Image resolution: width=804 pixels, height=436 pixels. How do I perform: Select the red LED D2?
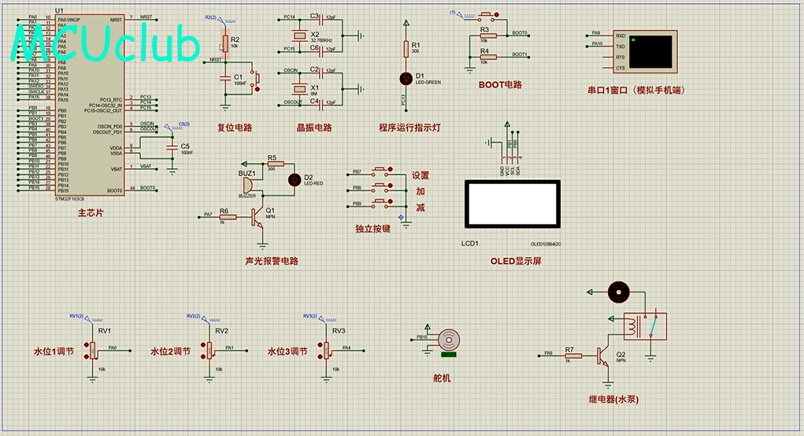coord(295,179)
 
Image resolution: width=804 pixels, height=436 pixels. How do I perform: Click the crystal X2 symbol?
coord(299,36)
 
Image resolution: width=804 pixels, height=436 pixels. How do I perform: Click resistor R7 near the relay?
coord(573,356)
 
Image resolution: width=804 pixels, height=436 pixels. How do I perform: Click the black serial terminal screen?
coord(651,50)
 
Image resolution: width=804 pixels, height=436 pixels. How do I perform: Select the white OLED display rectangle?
coord(513,203)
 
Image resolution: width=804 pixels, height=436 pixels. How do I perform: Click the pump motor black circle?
coord(620,292)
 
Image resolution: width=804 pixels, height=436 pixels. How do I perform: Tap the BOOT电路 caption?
coord(500,84)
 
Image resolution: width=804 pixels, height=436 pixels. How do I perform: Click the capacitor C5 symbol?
coord(172,147)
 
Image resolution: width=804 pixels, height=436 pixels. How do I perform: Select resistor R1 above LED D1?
coord(406,49)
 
